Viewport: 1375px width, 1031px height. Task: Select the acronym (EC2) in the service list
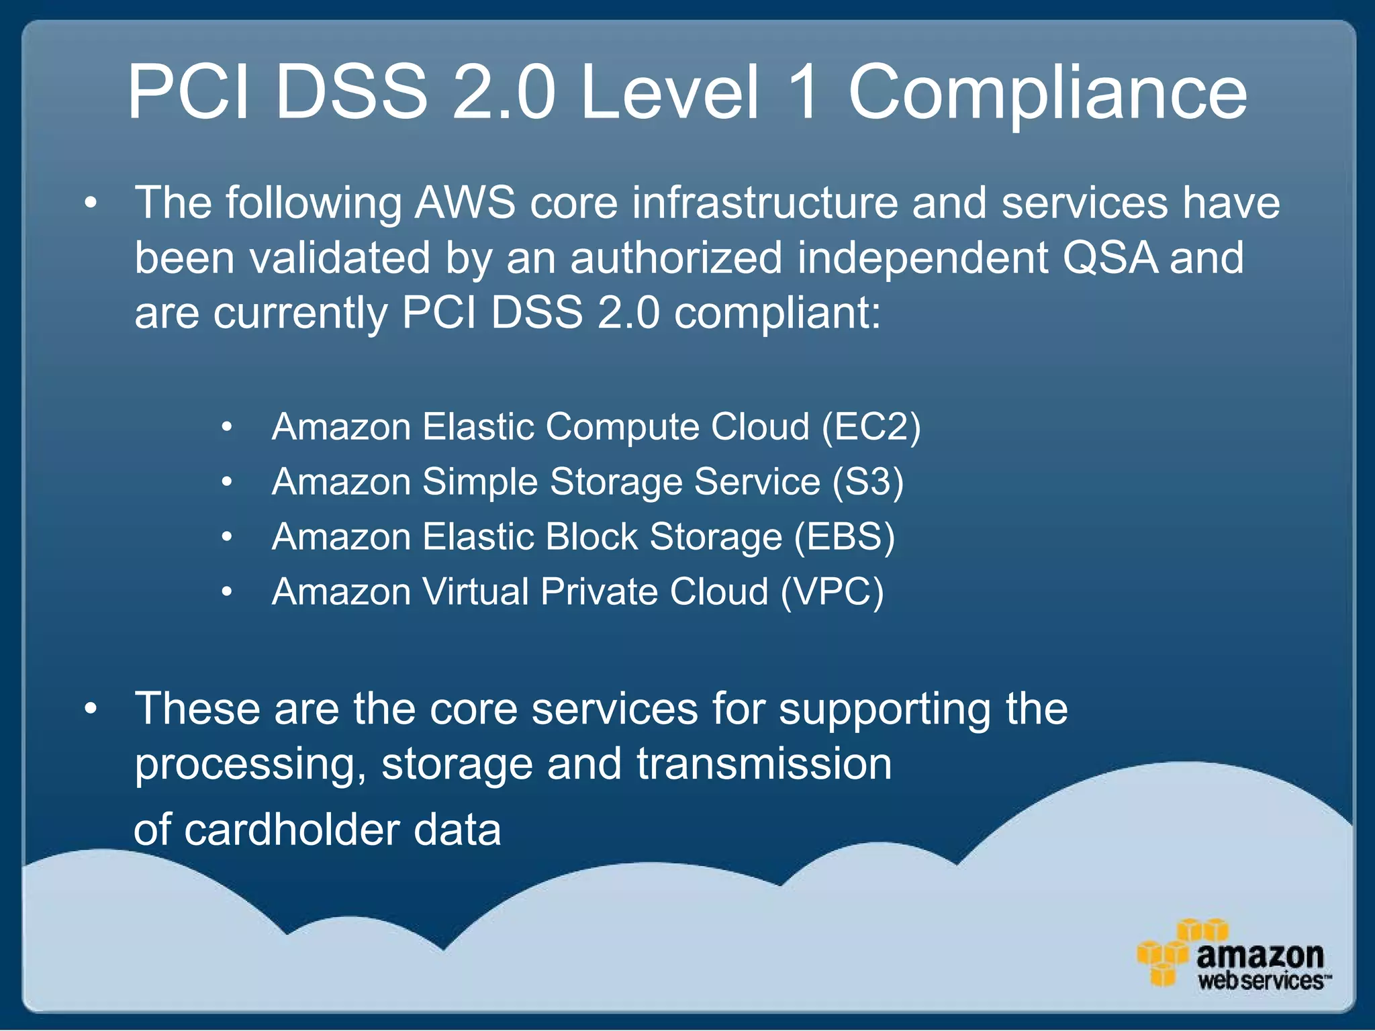[x=871, y=428]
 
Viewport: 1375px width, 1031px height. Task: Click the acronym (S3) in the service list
[x=868, y=483]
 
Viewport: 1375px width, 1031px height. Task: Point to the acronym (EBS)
[x=844, y=538]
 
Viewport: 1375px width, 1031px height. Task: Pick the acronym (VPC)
[x=832, y=593]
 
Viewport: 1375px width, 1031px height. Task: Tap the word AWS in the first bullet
[x=465, y=203]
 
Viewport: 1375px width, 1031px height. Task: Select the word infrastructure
[x=765, y=203]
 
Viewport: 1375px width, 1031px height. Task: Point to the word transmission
[x=764, y=765]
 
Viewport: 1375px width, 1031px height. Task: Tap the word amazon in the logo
[x=1260, y=955]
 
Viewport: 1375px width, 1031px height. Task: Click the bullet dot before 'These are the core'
[x=91, y=709]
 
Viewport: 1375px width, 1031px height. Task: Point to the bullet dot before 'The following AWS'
[x=91, y=203]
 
